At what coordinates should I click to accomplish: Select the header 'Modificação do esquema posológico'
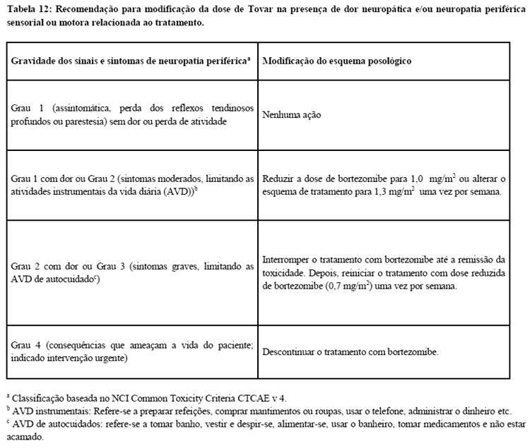click(x=336, y=61)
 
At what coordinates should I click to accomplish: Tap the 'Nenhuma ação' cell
click(x=291, y=114)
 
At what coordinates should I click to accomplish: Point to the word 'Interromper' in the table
click(x=285, y=259)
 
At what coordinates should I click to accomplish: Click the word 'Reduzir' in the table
click(x=278, y=179)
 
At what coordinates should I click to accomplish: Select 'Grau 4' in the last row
click(x=25, y=344)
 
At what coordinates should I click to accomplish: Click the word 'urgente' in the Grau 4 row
click(x=117, y=358)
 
